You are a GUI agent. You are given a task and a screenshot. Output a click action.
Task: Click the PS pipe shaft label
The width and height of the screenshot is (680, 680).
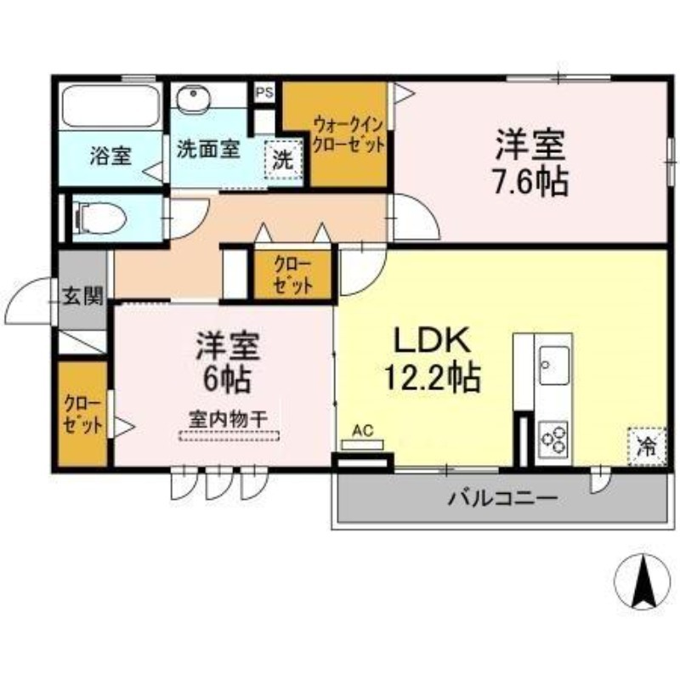click(264, 93)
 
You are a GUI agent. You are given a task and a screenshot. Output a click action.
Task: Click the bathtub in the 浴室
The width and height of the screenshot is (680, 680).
click(110, 106)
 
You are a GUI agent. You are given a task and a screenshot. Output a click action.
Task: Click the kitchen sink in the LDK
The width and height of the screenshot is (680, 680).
click(554, 365)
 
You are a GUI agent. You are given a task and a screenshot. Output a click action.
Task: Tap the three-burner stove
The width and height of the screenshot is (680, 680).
click(553, 439)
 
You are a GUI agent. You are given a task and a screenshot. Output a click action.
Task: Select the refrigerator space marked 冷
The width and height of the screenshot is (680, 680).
click(646, 446)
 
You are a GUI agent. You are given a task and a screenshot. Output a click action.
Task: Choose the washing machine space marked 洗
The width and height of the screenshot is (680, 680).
click(283, 160)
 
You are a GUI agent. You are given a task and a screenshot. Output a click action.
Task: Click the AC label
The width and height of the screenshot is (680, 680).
click(363, 431)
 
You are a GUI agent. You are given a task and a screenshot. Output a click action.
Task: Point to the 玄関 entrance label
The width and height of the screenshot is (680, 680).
click(82, 297)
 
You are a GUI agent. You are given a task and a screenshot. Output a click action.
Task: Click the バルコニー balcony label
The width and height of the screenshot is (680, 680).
click(502, 499)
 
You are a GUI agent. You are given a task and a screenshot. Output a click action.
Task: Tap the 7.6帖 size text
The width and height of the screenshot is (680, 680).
click(530, 182)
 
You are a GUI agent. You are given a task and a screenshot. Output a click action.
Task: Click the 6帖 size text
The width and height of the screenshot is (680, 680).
click(227, 379)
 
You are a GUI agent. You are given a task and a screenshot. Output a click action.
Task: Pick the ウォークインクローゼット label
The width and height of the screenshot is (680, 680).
click(348, 135)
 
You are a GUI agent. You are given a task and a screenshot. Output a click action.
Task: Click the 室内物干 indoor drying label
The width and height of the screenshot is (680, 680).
click(228, 419)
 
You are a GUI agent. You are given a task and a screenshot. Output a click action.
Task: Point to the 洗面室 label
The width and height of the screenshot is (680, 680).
click(208, 150)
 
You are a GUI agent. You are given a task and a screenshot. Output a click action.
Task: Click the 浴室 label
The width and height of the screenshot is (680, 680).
click(110, 156)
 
